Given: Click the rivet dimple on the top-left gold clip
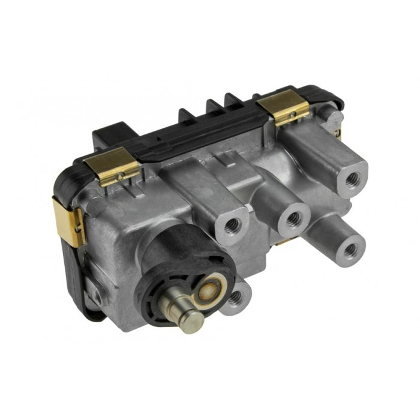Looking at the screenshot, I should pyautogui.click(x=121, y=176).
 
